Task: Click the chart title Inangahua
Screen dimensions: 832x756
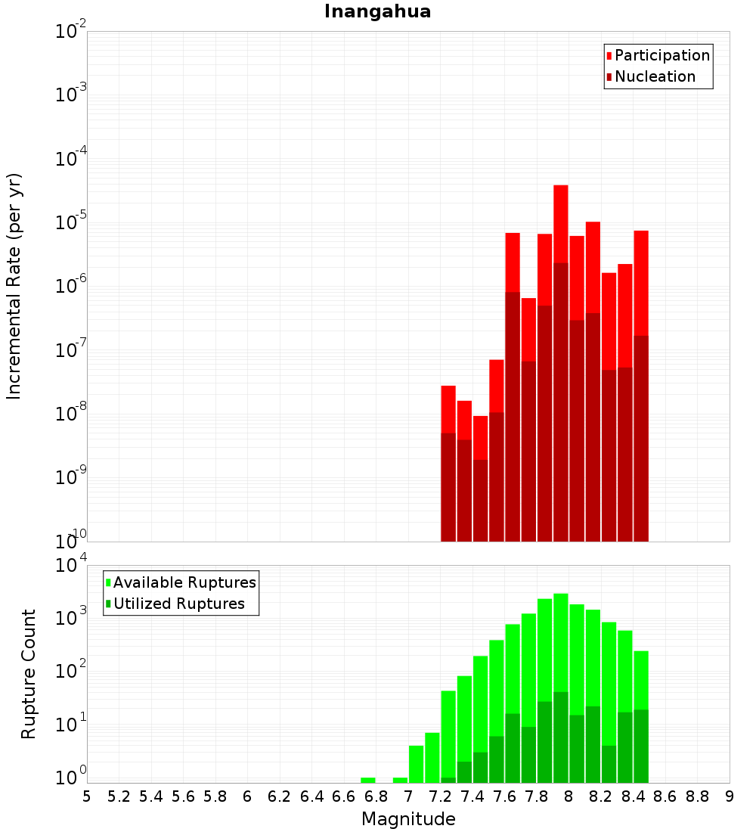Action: [377, 12]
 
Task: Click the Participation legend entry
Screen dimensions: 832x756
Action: [661, 55]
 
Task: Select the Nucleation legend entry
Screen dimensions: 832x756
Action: [654, 76]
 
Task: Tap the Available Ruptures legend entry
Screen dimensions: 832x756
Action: [184, 582]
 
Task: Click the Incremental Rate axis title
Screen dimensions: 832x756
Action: [14, 286]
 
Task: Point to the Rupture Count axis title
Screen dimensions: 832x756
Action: [29, 673]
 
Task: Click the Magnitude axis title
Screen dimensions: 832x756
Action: [408, 819]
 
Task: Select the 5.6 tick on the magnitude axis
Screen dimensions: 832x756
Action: [183, 796]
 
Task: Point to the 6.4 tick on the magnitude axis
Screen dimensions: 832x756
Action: [311, 796]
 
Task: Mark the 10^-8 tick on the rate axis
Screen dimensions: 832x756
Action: [71, 414]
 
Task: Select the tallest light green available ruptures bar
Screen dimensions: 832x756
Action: [560, 643]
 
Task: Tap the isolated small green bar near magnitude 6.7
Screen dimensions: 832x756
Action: [368, 780]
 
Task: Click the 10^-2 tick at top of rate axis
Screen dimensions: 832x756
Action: [71, 32]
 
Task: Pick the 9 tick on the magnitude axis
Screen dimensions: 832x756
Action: [729, 796]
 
